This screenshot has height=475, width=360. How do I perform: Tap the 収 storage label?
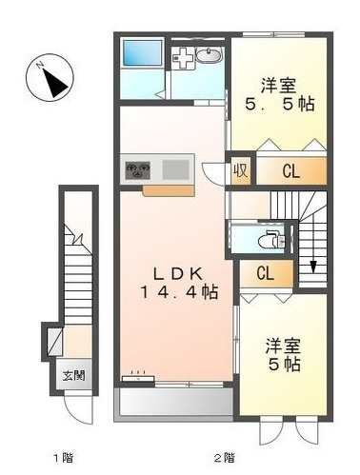click(x=242, y=171)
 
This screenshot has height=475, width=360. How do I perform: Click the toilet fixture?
click(x=273, y=239)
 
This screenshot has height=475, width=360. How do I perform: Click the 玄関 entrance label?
click(x=74, y=374)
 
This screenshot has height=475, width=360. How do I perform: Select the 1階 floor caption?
click(x=63, y=457)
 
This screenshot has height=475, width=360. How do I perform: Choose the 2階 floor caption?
click(x=224, y=457)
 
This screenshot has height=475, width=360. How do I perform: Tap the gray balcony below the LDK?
click(x=174, y=402)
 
